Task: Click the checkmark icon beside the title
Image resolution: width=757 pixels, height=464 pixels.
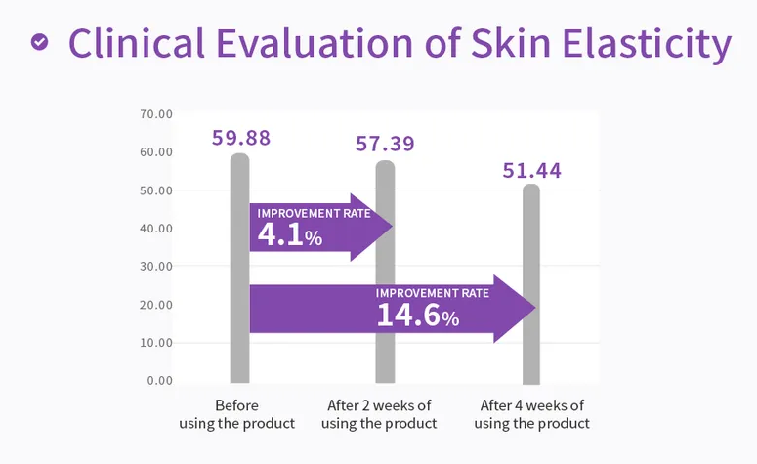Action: [x=39, y=42]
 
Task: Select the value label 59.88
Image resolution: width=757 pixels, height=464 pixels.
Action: [x=241, y=138]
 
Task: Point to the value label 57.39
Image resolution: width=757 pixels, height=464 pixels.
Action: [x=385, y=145]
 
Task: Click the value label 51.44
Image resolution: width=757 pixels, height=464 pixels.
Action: [x=531, y=171]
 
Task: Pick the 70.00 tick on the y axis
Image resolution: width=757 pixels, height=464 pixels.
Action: [x=156, y=114]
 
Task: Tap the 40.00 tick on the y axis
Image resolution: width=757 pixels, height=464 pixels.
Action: [x=156, y=228]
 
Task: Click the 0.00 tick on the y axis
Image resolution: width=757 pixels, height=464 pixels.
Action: [x=160, y=380]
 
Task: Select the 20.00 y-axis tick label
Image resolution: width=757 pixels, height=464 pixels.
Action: [x=156, y=304]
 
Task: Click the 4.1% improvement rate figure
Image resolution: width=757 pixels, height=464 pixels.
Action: [x=289, y=235]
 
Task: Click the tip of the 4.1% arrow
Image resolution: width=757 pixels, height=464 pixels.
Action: [x=391, y=227]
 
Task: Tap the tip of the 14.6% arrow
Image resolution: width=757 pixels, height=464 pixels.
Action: [x=535, y=309]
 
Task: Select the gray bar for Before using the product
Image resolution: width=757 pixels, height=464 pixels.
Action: [x=240, y=352]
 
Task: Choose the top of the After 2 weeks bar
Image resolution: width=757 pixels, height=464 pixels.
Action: [x=385, y=164]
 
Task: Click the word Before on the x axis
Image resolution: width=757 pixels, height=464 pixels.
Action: [x=237, y=405]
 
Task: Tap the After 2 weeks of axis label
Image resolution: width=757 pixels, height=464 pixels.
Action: [x=379, y=405]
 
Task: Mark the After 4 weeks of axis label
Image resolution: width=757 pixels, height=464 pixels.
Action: [x=532, y=405]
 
